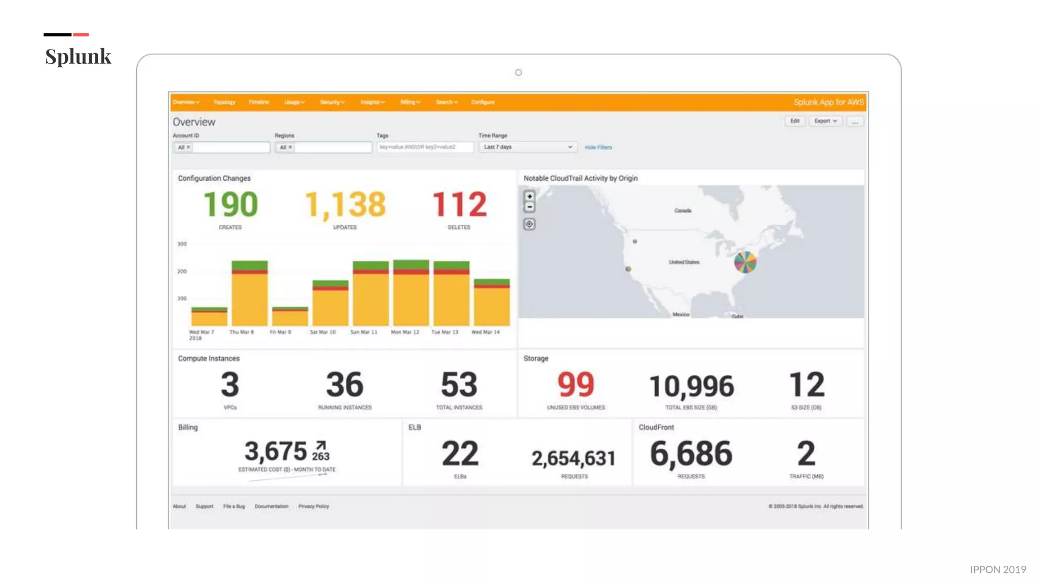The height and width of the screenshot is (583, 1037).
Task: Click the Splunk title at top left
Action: pos(78,56)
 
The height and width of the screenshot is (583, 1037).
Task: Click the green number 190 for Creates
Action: pos(230,205)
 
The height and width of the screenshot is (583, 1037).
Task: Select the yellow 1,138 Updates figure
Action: pos(345,205)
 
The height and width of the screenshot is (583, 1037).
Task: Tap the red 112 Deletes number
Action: pos(459,205)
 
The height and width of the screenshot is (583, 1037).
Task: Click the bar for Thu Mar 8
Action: pos(250,296)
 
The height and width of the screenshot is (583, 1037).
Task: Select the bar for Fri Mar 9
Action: pos(290,317)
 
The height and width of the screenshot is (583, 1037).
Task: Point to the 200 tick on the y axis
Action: pos(182,271)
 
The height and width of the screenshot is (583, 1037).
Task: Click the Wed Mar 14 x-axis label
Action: pos(485,332)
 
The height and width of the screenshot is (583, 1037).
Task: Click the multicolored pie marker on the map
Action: pos(745,262)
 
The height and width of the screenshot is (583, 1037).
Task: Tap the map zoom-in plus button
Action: pos(529,196)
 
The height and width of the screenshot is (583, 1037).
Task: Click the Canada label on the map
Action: pos(683,211)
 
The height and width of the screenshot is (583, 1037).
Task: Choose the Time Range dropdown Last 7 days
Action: pos(527,147)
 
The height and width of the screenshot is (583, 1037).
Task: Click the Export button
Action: pos(825,121)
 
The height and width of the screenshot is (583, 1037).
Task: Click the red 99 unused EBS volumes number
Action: pos(576,385)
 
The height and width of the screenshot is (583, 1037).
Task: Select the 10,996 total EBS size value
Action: pos(691,387)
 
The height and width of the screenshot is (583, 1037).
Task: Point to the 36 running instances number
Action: pos(344,385)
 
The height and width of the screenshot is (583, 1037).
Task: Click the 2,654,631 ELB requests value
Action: pos(574,459)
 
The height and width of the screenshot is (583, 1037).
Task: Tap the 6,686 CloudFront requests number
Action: pos(691,453)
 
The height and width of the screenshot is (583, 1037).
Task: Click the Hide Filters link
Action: pos(598,147)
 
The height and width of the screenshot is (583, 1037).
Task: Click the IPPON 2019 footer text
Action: pos(998,569)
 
